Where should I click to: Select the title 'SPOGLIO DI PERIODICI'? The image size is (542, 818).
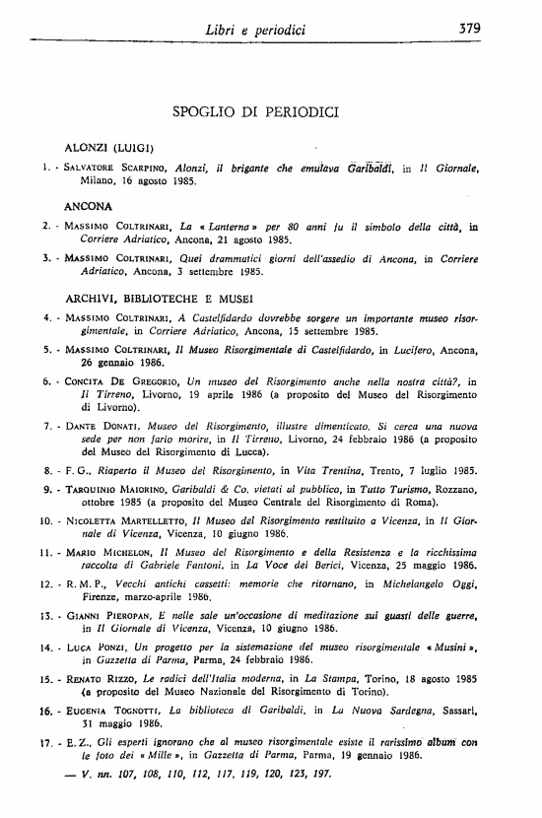coord(255,111)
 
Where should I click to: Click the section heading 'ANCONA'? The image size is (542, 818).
coord(87,207)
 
